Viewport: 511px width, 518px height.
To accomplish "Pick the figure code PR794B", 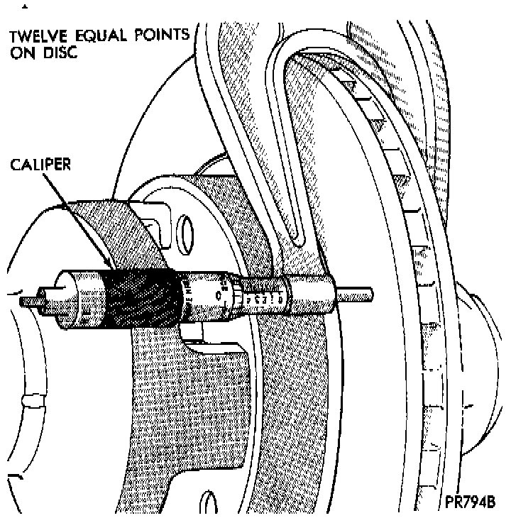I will pyautogui.click(x=471, y=500).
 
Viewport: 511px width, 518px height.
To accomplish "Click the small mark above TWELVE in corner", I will pyautogui.click(x=25, y=7).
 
